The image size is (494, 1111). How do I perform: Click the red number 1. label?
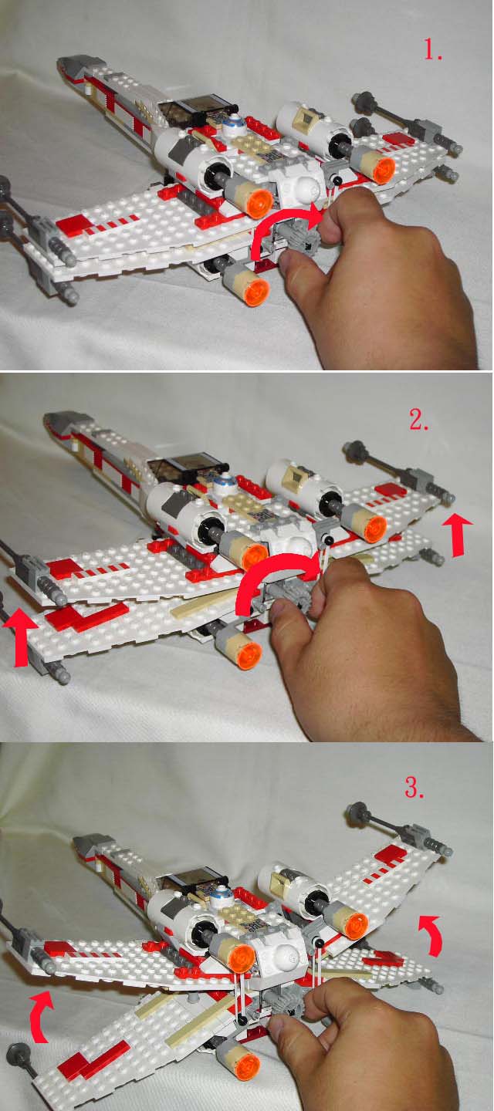(x=432, y=50)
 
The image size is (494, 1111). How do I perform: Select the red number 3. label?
(x=414, y=787)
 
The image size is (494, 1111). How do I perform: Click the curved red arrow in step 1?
(x=278, y=225)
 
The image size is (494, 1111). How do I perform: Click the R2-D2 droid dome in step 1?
(x=232, y=122)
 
